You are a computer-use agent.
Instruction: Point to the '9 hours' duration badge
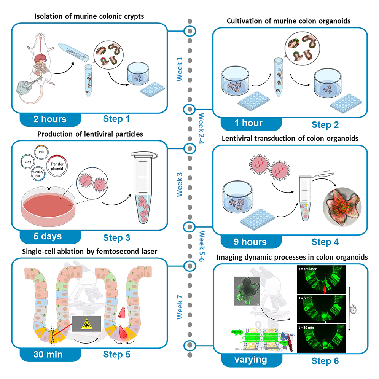tap(250, 242)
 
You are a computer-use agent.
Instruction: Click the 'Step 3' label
tap(116, 238)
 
